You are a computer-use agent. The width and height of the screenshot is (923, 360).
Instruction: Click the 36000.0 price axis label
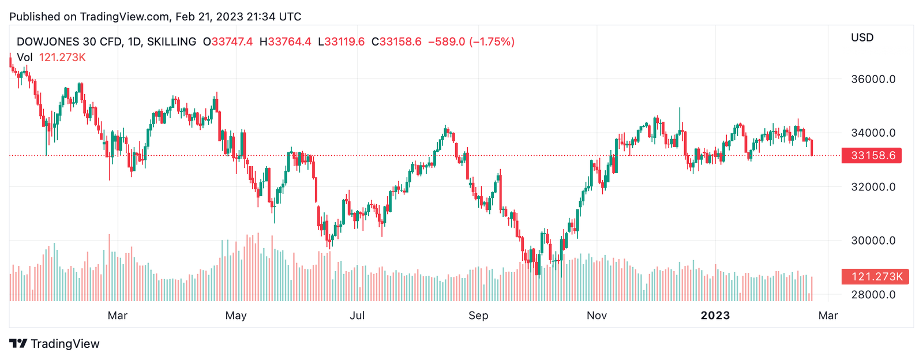point(873,79)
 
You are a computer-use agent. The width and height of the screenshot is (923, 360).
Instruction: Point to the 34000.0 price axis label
point(873,133)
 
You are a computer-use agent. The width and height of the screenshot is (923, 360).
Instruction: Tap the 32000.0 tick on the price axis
point(873,187)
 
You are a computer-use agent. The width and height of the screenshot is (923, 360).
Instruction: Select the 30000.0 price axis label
point(873,241)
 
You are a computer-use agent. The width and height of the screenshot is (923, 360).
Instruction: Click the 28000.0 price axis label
point(873,295)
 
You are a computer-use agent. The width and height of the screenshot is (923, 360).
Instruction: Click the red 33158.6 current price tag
point(872,156)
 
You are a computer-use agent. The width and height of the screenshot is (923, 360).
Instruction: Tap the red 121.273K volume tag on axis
point(875,277)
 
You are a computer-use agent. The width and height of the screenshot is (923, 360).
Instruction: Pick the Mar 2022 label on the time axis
point(118,316)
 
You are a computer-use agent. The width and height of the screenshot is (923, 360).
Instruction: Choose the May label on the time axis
point(236,316)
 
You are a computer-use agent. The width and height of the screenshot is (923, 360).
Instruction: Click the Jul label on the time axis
point(357,316)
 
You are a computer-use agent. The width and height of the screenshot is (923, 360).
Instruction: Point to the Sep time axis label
point(478,316)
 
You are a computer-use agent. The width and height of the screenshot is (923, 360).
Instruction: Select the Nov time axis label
point(596,316)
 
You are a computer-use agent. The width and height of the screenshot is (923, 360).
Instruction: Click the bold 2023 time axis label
point(715,316)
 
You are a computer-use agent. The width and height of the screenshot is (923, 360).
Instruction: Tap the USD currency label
point(862,37)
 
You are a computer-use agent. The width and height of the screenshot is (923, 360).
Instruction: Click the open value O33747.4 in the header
point(228,42)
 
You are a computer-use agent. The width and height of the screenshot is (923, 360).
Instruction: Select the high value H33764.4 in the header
point(286,42)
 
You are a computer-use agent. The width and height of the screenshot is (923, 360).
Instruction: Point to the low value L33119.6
point(342,42)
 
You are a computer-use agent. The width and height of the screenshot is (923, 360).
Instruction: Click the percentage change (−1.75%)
point(492,42)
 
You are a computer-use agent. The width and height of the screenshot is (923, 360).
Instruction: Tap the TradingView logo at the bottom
point(55,344)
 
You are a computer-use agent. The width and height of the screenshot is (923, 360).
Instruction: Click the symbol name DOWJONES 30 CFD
point(69,42)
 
